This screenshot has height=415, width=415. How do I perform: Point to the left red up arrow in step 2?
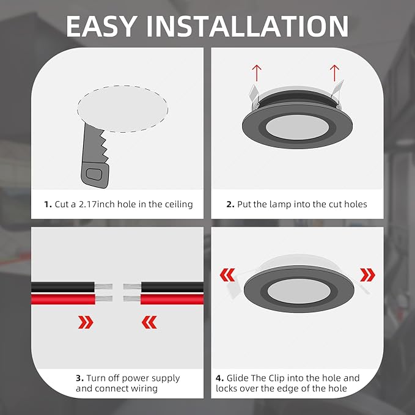[257, 72]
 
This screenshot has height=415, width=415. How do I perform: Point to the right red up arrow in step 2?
[334, 72]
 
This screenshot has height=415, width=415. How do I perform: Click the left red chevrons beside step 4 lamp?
[227, 274]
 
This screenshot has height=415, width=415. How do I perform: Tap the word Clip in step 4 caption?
[281, 378]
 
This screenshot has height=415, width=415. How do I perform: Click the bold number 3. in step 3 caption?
[79, 378]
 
